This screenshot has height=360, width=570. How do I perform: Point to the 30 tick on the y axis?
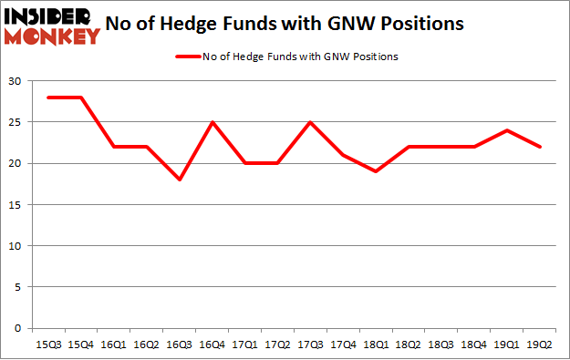point(15,81)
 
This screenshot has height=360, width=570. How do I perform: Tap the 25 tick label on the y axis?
point(15,122)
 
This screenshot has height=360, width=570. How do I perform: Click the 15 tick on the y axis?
point(15,205)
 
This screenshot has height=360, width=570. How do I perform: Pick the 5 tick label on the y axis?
point(17,287)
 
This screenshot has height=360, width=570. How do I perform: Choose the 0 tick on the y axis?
point(17,328)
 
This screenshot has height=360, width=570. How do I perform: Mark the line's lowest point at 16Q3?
point(179,180)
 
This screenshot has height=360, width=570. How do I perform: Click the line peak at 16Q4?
point(212,122)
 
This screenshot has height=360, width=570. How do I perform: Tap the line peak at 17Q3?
point(310,122)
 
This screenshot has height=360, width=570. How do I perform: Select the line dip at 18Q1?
point(376,171)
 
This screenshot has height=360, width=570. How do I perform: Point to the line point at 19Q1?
point(507,130)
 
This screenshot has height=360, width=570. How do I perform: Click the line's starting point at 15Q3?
point(47,98)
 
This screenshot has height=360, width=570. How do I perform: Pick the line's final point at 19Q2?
point(540,147)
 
